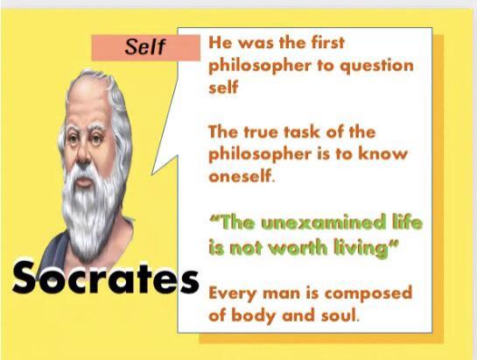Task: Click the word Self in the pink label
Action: click(144, 47)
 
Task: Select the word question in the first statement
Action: click(376, 67)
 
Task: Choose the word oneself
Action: click(242, 176)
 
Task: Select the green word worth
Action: click(299, 248)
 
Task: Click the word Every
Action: click(233, 294)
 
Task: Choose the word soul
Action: click(339, 315)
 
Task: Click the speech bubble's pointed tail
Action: click(152, 174)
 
